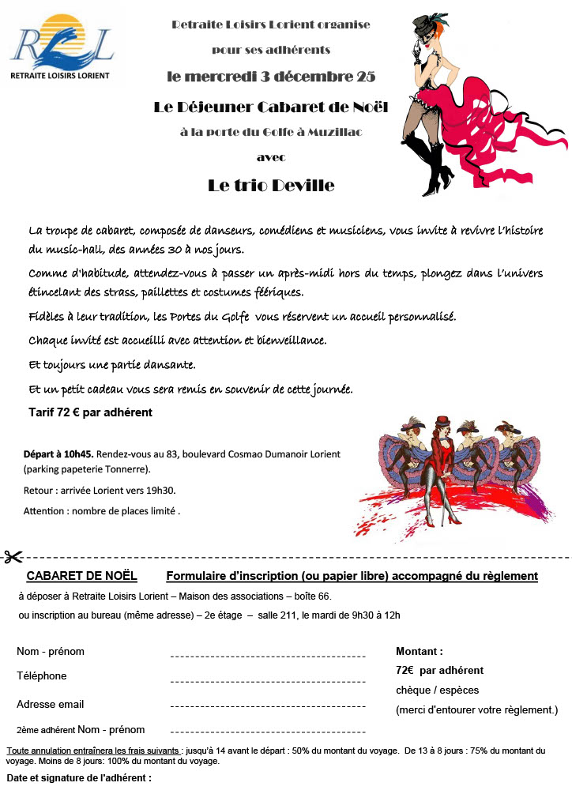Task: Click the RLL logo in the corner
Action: (x=62, y=47)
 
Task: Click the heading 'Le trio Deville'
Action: (x=271, y=186)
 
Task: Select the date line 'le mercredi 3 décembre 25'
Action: (x=271, y=77)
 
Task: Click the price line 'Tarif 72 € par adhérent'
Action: (x=90, y=412)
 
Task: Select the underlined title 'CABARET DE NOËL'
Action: (x=82, y=576)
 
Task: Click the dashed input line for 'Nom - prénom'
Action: (x=268, y=656)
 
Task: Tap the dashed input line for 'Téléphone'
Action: (x=268, y=681)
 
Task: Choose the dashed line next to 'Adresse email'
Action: (x=268, y=708)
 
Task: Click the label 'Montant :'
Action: (x=419, y=652)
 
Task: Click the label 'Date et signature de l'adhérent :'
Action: (x=79, y=778)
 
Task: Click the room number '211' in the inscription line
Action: (x=290, y=615)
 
